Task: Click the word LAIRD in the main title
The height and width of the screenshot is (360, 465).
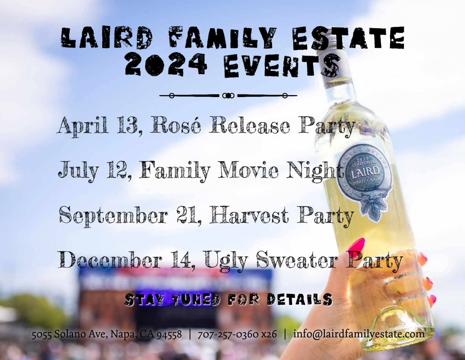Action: [107, 38]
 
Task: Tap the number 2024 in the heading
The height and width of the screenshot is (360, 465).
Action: [166, 64]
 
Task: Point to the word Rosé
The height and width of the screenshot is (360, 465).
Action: [176, 125]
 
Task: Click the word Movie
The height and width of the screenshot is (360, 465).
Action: [248, 170]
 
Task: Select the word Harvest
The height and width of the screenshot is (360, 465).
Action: [249, 215]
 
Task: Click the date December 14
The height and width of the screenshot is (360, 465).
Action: [126, 260]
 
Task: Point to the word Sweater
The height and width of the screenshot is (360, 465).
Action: [297, 260]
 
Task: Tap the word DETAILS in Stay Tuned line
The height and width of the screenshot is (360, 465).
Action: [299, 299]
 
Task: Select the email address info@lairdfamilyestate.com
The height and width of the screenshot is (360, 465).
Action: [359, 334]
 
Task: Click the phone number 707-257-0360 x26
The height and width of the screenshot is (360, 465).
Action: [237, 334]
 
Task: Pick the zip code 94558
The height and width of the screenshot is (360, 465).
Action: [169, 334]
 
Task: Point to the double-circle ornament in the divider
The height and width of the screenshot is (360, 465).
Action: [228, 96]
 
